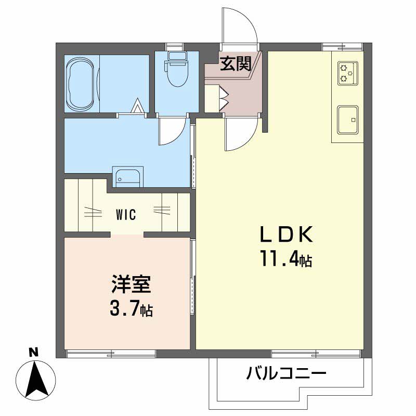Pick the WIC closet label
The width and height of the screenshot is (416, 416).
pos(126,214)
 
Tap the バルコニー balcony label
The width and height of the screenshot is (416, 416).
pos(287,373)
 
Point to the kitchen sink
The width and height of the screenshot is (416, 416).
pos(347,119)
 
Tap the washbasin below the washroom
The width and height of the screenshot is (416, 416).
pos(128,177)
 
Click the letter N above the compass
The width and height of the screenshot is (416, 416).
pos(34,352)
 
